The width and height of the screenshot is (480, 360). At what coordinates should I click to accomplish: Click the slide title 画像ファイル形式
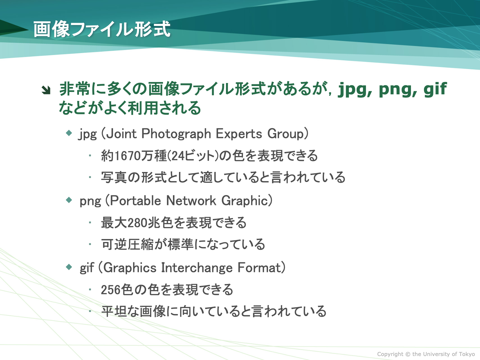pyautogui.click(x=102, y=29)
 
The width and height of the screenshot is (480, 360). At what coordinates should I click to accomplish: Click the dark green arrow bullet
pyautogui.click(x=46, y=90)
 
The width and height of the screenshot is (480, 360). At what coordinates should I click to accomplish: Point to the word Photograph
pyautogui.click(x=176, y=133)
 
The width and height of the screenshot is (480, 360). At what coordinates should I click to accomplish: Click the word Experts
pyautogui.click(x=239, y=134)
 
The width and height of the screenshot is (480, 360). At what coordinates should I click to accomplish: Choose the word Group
pyautogui.click(x=286, y=134)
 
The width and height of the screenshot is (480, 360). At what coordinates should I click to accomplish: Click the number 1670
pyautogui.click(x=127, y=156)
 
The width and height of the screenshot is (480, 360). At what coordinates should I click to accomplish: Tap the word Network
pyautogui.click(x=191, y=200)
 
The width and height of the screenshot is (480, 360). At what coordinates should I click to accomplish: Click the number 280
pyautogui.click(x=137, y=223)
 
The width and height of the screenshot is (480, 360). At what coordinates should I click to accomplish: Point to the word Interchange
pyautogui.click(x=197, y=268)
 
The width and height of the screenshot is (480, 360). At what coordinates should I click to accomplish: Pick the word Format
pyautogui.click(x=259, y=268)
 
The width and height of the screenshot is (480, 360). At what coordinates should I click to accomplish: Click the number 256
pyautogui.click(x=110, y=290)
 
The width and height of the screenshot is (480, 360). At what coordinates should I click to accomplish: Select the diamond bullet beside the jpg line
pyautogui.click(x=69, y=133)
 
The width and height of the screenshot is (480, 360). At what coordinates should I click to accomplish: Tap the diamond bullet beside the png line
pyautogui.click(x=69, y=200)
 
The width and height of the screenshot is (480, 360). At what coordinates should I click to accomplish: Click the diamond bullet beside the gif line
pyautogui.click(x=69, y=267)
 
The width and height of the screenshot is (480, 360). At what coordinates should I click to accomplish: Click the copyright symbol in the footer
pyautogui.click(x=408, y=354)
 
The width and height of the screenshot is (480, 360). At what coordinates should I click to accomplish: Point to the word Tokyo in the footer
pyautogui.click(x=467, y=354)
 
